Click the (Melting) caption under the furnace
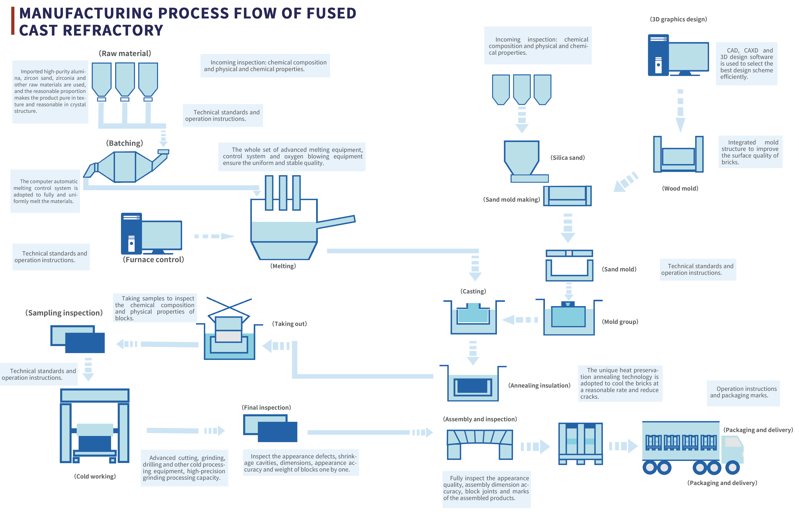point(283,266)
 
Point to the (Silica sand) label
point(567,157)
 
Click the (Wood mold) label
point(680,188)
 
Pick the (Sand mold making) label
point(511,199)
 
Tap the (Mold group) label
point(620,322)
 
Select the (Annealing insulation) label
point(539,385)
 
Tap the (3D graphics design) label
point(678,19)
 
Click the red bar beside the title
point(13,21)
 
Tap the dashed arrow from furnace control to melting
point(214,236)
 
